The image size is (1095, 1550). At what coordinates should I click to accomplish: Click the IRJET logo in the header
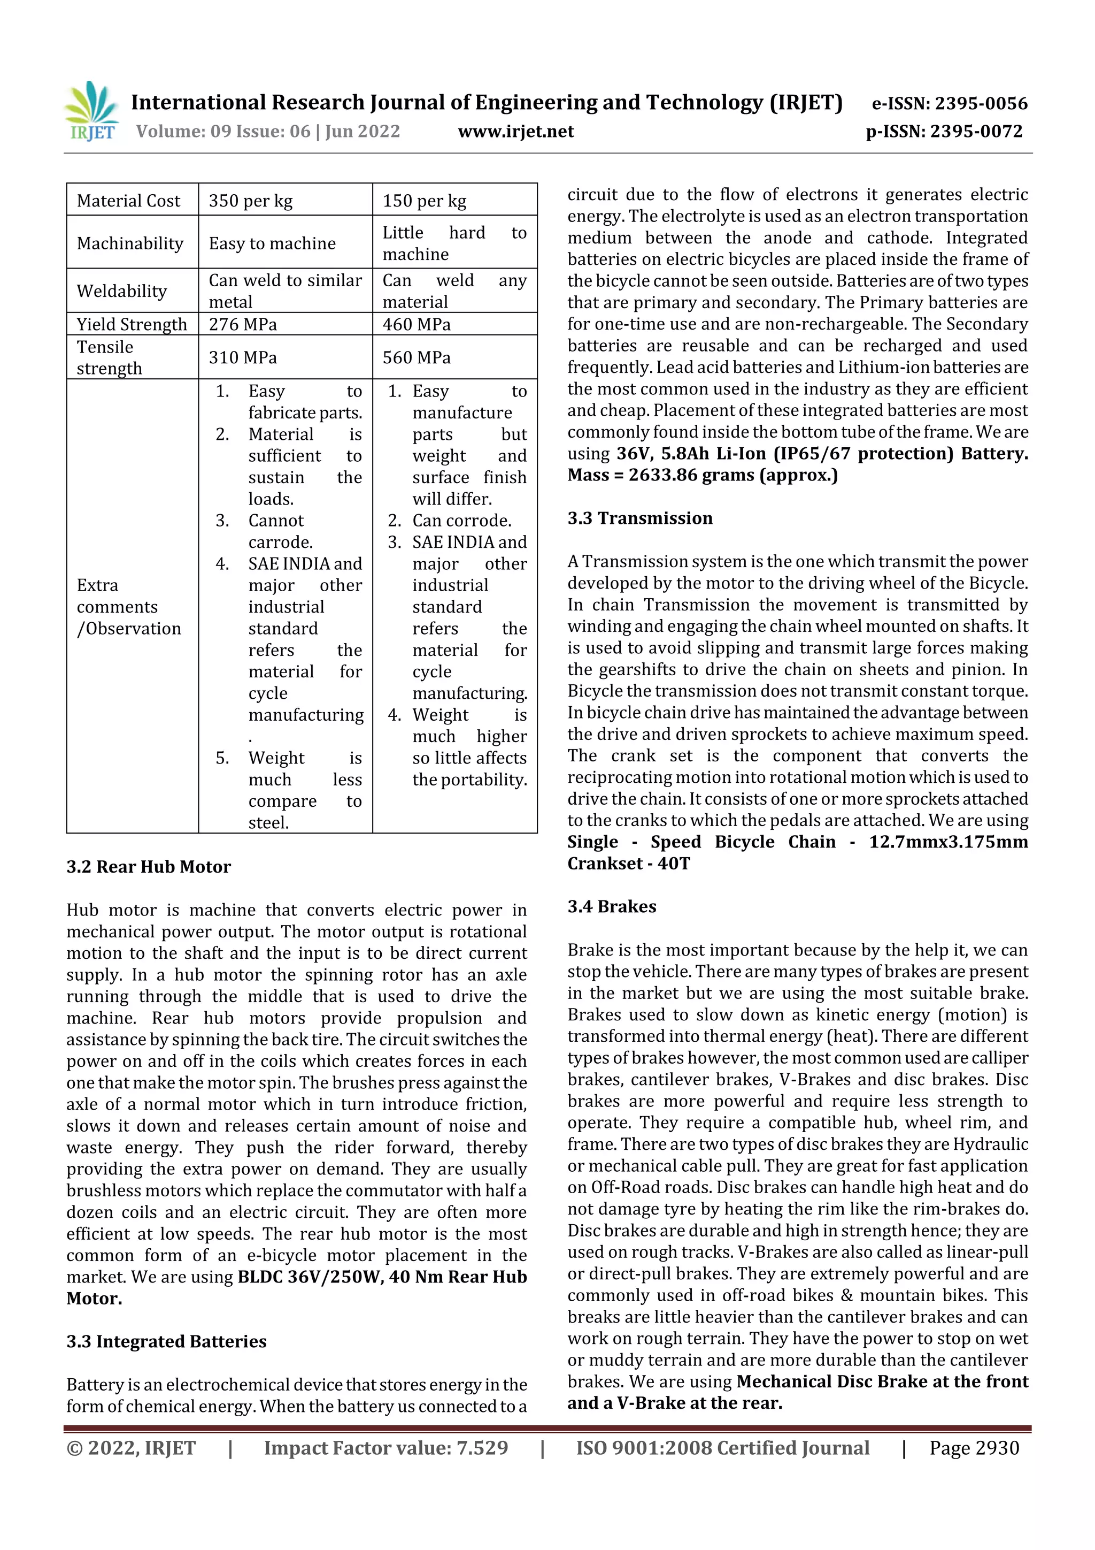click(x=92, y=111)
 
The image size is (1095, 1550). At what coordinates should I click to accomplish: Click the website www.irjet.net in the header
click(x=515, y=131)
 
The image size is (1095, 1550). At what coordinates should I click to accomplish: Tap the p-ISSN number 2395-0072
click(x=976, y=132)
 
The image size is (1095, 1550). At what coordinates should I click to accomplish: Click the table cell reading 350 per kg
click(x=250, y=201)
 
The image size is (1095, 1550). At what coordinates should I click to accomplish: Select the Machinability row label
click(x=129, y=243)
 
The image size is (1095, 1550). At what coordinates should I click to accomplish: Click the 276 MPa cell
click(x=242, y=324)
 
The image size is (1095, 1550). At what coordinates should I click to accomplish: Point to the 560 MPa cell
click(x=417, y=357)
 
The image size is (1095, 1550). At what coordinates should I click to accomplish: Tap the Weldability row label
click(x=121, y=291)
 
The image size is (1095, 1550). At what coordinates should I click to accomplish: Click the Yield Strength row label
click(x=132, y=324)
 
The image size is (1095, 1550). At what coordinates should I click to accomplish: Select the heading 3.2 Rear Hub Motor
click(x=149, y=867)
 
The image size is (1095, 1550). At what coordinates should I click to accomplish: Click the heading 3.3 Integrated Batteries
click(x=166, y=1341)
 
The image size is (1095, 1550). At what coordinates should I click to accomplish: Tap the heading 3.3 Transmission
click(x=639, y=518)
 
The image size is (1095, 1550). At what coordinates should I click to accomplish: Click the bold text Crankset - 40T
click(x=628, y=864)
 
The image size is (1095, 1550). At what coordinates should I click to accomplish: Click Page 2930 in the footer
click(x=974, y=1447)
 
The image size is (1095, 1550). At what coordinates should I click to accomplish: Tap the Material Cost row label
click(x=128, y=201)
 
